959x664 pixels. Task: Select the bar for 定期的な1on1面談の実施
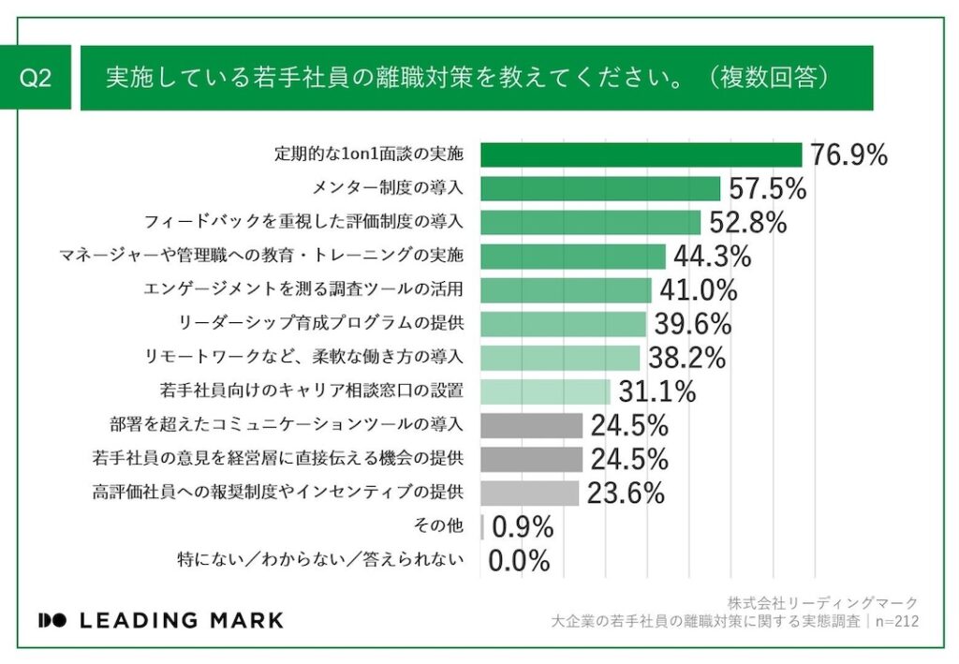641,155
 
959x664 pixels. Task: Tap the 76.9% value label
848,155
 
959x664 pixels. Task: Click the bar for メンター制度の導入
600,188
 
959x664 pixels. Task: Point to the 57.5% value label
767,189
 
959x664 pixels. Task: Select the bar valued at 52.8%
590,222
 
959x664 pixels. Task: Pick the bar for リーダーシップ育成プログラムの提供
563,324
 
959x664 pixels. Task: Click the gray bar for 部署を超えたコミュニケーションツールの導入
531,425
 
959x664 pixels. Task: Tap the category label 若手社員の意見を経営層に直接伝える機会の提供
278,459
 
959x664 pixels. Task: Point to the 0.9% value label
523,527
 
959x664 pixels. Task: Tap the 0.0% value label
519,561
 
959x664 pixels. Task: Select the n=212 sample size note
895,620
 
